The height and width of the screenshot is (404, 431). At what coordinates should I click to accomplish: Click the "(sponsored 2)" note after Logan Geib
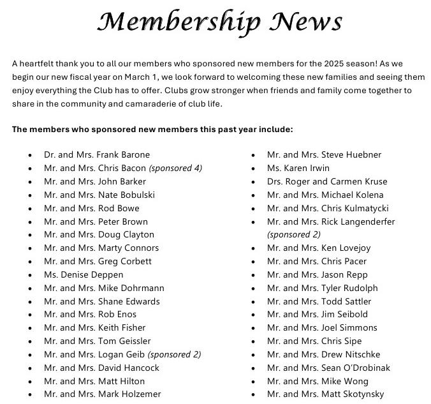(x=174, y=354)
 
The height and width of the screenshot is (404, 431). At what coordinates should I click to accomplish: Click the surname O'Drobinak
(x=367, y=368)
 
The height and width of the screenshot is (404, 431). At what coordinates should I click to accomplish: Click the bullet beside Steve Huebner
(x=254, y=155)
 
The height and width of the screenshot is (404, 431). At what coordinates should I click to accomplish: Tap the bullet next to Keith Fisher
(x=31, y=328)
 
